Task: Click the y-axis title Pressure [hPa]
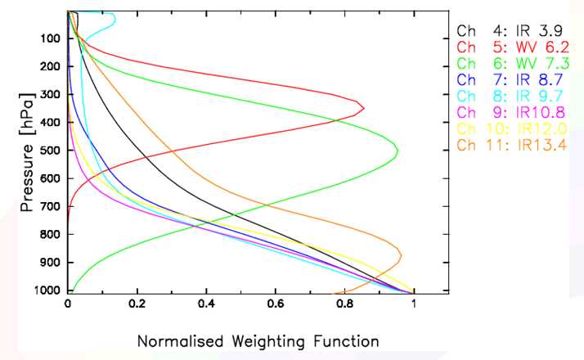(x=26, y=163)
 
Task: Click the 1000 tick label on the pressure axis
(x=48, y=290)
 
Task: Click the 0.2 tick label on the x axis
(x=137, y=304)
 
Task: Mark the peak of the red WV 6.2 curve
(x=363, y=108)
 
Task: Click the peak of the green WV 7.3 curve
(x=398, y=151)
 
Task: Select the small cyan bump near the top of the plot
(x=114, y=17)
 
